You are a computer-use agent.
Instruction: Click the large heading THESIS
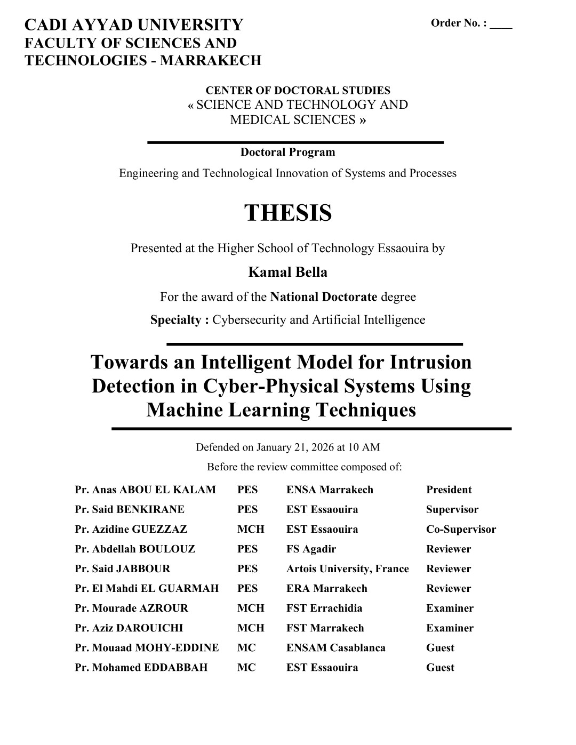click(288, 213)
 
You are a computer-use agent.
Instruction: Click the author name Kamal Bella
click(288, 272)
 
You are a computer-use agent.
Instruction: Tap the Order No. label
click(459, 23)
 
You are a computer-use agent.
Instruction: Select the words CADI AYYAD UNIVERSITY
click(134, 25)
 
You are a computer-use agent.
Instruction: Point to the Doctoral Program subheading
click(288, 152)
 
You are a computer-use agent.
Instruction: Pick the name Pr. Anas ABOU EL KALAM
click(145, 490)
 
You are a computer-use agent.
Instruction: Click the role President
click(449, 490)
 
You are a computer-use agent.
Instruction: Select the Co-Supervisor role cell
click(461, 529)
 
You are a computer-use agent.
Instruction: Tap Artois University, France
click(347, 568)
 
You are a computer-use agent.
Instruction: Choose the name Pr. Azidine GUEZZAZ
click(131, 529)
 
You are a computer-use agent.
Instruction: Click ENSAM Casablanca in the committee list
click(335, 647)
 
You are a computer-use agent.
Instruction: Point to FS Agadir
click(311, 549)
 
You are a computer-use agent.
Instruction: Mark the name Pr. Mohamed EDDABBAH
click(141, 667)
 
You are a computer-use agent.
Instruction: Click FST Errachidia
click(324, 608)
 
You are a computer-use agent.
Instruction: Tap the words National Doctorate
click(324, 297)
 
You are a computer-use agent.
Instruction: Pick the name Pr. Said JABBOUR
click(122, 568)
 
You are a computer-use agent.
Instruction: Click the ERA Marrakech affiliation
click(326, 588)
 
